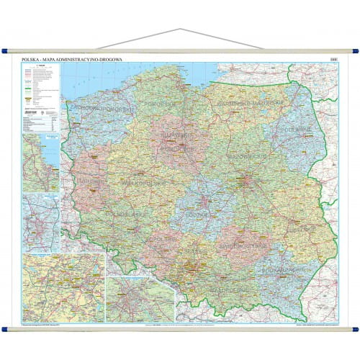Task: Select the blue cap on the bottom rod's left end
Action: tap(4, 330)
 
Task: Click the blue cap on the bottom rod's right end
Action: tap(355, 330)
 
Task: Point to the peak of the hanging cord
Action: tap(180, 30)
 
